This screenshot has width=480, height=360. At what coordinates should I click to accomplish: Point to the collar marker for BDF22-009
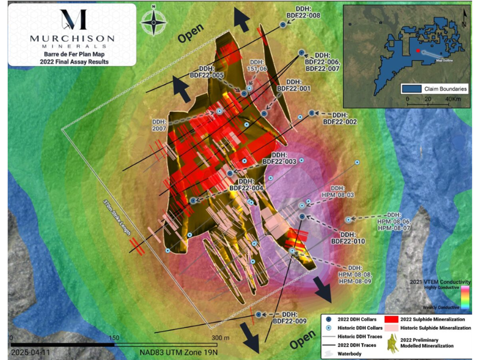click(x=259, y=314)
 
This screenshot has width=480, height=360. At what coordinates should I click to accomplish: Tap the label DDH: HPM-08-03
click(x=340, y=191)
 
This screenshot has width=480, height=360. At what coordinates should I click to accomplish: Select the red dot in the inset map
click(x=418, y=43)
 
